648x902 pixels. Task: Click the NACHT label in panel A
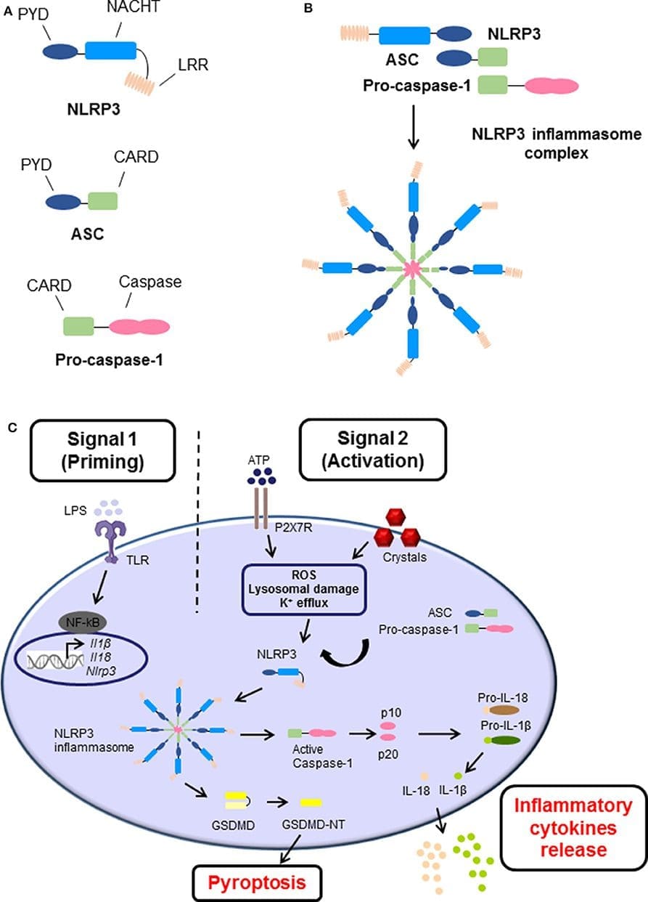134,7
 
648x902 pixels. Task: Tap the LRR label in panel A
193,65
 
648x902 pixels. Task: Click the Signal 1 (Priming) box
102,450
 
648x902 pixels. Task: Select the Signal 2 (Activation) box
373,450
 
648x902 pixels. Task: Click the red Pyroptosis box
257,883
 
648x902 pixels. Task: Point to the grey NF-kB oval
83,622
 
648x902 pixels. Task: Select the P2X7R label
293,527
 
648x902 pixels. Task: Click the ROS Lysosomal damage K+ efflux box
304,590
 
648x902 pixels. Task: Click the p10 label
391,712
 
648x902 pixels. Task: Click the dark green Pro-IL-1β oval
505,740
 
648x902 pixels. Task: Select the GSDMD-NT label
313,825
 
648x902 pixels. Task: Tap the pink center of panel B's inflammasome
412,269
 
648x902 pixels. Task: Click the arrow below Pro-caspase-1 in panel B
414,127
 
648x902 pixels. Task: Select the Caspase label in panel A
150,282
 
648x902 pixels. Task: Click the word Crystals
405,557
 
